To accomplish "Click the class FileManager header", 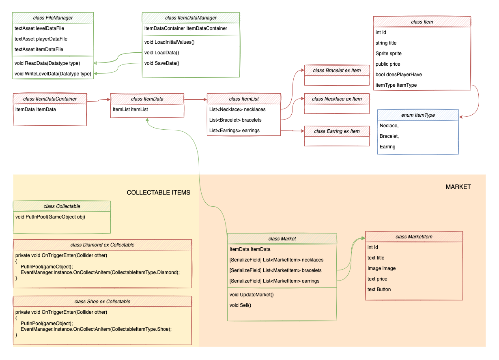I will [x=53, y=18].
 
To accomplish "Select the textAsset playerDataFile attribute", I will [x=41, y=39].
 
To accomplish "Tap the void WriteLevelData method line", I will [x=53, y=74].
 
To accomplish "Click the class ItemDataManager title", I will [x=191, y=18].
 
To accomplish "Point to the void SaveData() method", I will [x=162, y=63].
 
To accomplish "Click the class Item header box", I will [x=422, y=22].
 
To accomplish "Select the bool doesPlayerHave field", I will [x=398, y=75].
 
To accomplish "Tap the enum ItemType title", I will [x=418, y=115].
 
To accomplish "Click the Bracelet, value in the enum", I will [x=389, y=136].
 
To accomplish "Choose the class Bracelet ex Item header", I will [x=337, y=71].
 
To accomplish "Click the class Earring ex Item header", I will [x=337, y=131].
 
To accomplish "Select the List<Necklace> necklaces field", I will [x=237, y=109].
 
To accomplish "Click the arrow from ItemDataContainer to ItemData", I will [x=99, y=100].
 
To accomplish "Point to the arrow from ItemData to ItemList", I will [x=196, y=99].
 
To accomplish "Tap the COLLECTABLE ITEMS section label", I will [x=159, y=193].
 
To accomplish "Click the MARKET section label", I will [x=458, y=187].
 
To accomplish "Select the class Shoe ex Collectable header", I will [x=102, y=302].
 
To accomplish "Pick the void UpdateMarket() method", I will [x=252, y=295].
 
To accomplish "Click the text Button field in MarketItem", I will [x=379, y=289].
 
